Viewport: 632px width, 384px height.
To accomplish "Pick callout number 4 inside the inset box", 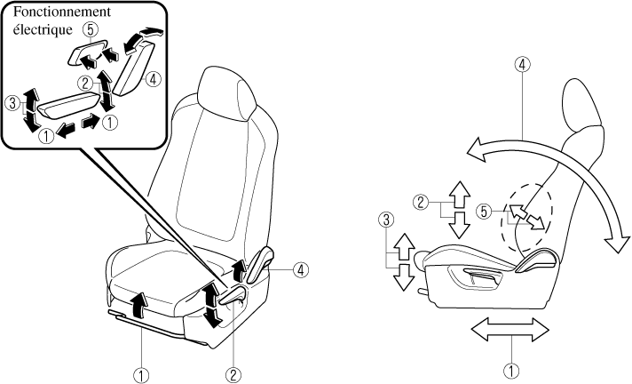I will [154, 79].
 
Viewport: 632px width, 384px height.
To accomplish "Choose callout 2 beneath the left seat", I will [233, 374].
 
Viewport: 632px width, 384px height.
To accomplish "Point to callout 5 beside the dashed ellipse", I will [484, 212].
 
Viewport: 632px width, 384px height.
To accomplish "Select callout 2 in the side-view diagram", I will [423, 201].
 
